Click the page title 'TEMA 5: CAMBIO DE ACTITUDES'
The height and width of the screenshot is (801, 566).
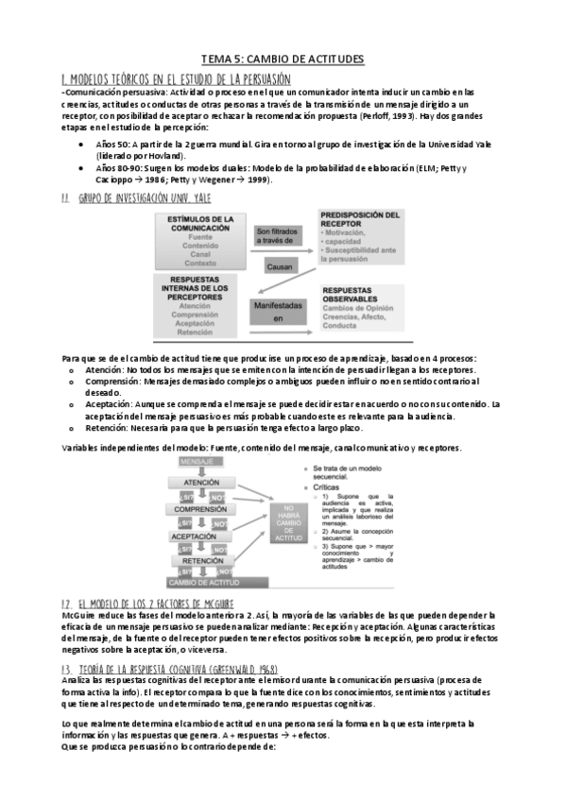tap(283, 60)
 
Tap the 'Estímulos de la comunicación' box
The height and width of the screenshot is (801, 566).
tap(198, 238)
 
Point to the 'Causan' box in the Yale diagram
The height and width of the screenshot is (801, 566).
tap(279, 267)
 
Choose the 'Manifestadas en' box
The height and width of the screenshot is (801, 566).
tap(279, 312)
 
